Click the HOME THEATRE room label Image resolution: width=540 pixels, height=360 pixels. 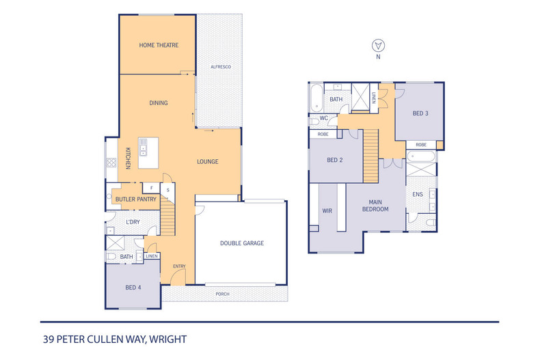click(159, 45)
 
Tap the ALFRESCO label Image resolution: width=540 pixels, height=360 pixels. click(221, 67)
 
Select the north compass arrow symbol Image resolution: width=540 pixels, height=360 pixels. click(378, 46)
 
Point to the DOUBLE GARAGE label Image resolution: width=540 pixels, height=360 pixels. click(242, 243)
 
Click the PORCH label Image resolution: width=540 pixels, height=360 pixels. click(222, 294)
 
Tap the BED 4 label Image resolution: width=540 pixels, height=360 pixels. click(133, 288)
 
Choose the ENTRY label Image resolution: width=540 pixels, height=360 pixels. click(179, 266)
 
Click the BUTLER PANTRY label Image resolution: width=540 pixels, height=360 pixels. click(136, 199)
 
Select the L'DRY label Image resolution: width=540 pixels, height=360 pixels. click(133, 222)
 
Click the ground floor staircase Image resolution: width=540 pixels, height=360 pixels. click(167, 215)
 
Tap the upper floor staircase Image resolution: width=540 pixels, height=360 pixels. click(371, 156)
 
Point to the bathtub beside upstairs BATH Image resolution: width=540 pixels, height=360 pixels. click(316, 98)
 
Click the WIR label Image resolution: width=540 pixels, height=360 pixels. click(327, 210)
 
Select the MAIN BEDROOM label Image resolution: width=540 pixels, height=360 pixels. click(375, 206)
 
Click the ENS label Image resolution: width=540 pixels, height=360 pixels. click(418, 195)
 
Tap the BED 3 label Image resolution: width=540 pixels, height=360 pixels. click(420, 113)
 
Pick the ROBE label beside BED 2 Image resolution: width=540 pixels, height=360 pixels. click(323, 134)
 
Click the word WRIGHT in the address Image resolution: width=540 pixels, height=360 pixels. click(168, 340)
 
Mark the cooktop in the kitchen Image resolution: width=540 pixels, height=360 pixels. click(111, 163)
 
